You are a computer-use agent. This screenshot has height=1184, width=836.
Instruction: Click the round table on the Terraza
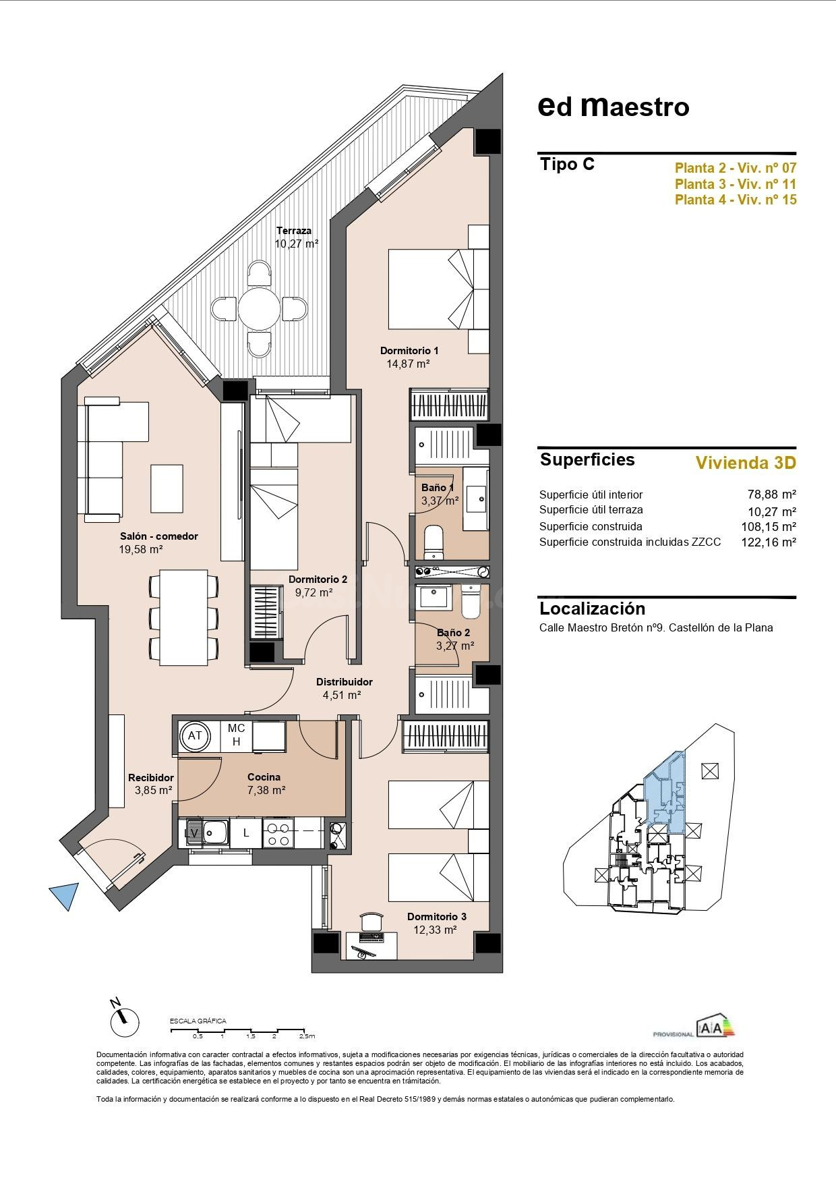(260, 308)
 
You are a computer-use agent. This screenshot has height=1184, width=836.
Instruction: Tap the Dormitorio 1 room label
(409, 350)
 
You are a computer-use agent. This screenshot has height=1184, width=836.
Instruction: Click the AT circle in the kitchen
(195, 736)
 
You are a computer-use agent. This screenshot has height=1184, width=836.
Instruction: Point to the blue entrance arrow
(64, 897)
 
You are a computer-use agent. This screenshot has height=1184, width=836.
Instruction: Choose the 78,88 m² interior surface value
(768, 495)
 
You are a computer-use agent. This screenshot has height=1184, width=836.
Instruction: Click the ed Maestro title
(613, 106)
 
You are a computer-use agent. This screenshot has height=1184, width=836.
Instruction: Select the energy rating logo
(715, 1027)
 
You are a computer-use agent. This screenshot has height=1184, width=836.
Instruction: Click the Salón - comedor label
(159, 536)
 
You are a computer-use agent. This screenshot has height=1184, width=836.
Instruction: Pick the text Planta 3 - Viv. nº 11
(736, 184)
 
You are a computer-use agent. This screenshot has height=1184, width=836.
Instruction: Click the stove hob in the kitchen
(278, 833)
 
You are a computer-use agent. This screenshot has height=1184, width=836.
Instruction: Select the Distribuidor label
(344, 682)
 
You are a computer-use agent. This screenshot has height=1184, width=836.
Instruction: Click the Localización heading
(593, 609)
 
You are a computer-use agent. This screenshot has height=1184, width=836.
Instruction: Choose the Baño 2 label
(453, 633)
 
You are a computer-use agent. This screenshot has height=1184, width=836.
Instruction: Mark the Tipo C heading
(568, 164)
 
